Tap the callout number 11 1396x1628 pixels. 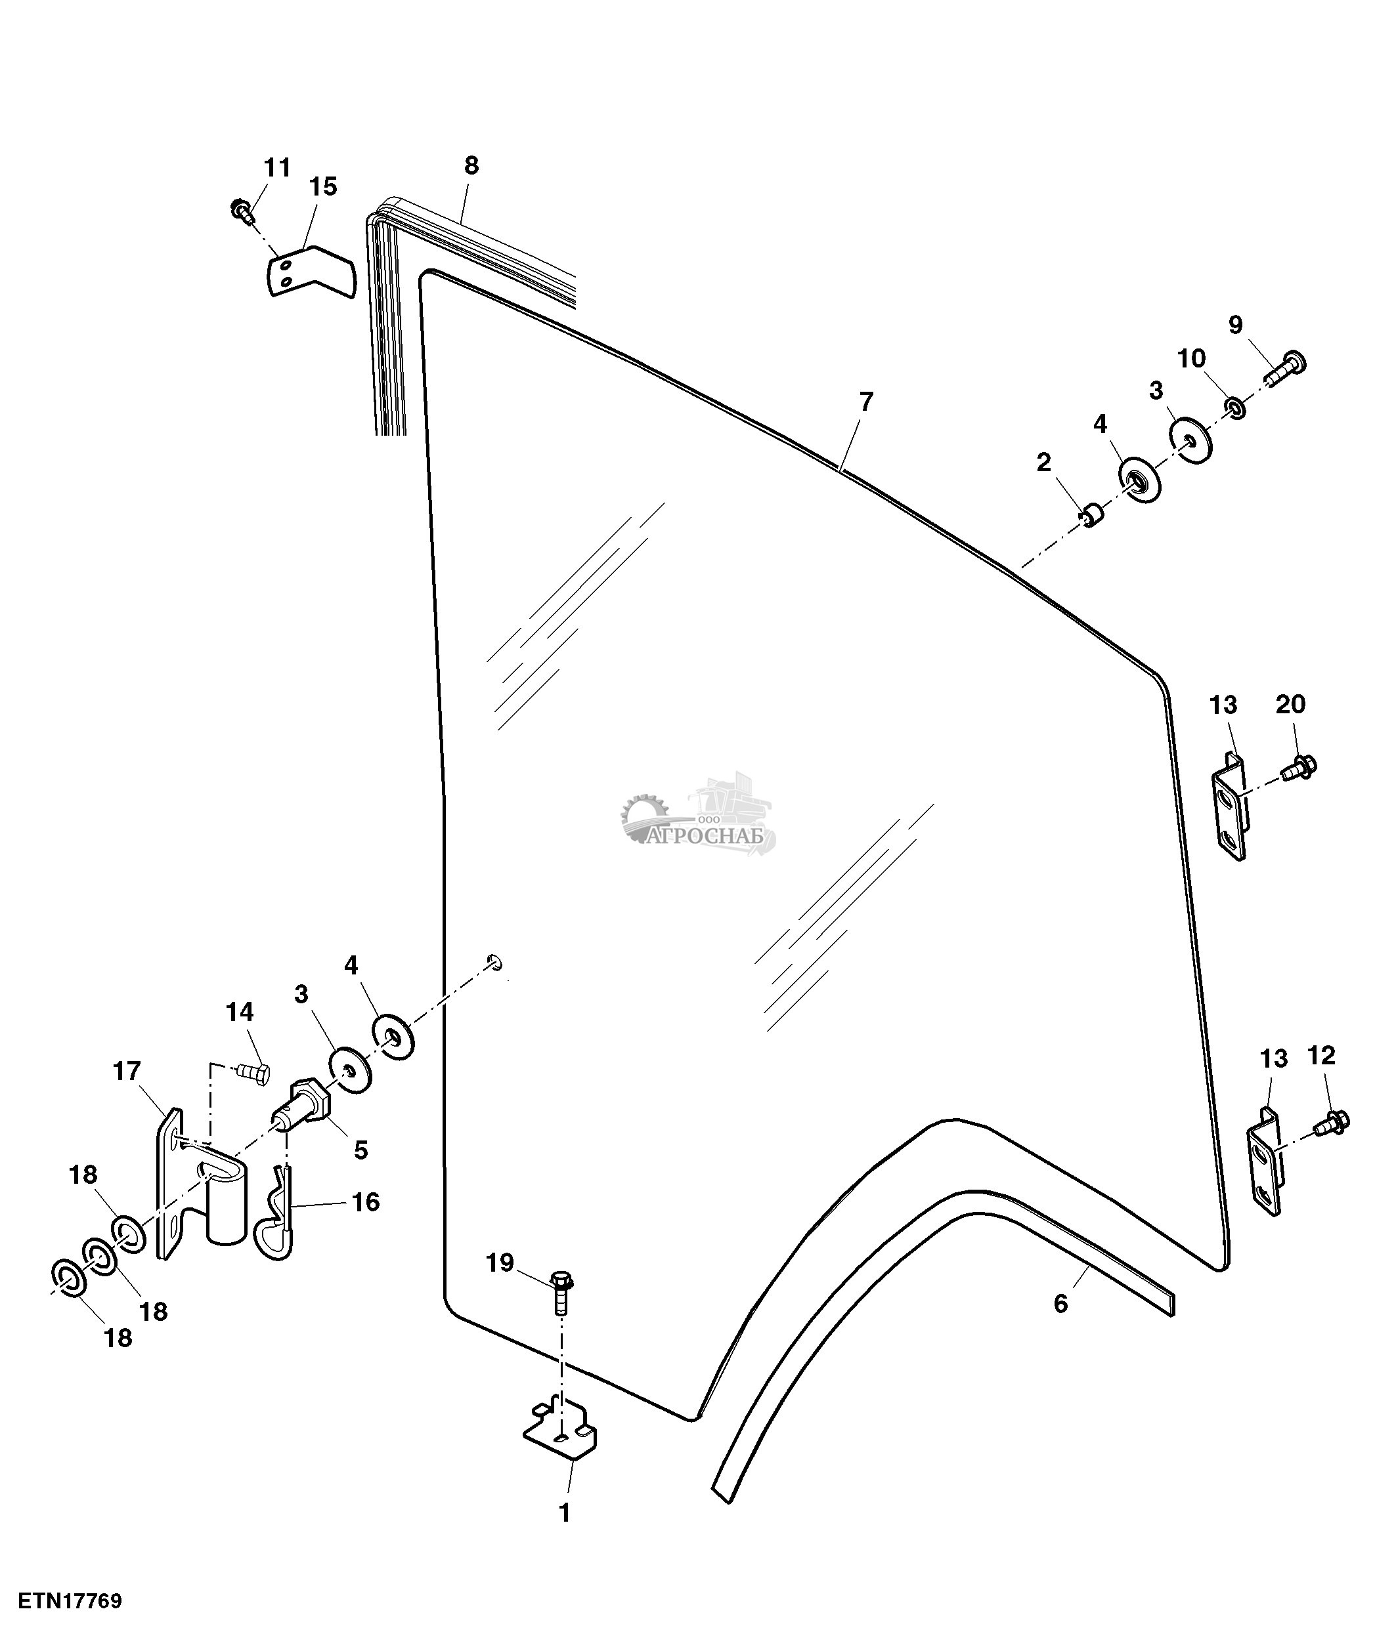tap(276, 168)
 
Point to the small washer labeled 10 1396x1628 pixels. tap(1235, 407)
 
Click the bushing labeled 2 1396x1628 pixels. tap(1092, 517)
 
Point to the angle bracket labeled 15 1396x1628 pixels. tap(308, 271)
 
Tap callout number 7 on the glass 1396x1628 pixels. tap(865, 402)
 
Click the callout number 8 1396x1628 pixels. tap(471, 166)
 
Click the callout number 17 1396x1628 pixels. tap(127, 1071)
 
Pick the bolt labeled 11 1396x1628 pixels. tap(242, 210)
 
